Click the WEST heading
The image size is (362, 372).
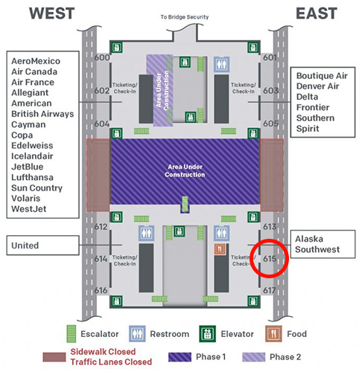pyautogui.click(x=52, y=13)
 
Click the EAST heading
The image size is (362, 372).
pyautogui.click(x=317, y=13)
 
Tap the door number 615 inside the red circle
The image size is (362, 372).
pyautogui.click(x=270, y=259)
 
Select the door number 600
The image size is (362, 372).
pyautogui.click(x=102, y=57)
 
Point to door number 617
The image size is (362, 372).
pyautogui.click(x=270, y=290)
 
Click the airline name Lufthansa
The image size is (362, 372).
pyautogui.click(x=32, y=177)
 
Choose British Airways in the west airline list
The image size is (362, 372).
pyautogui.click(x=42, y=114)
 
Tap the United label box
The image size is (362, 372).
pyautogui.click(x=43, y=246)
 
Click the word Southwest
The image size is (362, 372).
pyautogui.click(x=317, y=249)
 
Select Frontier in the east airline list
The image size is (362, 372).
pyautogui.click(x=313, y=107)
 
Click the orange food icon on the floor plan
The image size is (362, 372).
pyautogui.click(x=220, y=249)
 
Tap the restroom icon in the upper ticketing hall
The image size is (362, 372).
pyautogui.click(x=221, y=65)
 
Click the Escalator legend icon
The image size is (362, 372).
pyautogui.click(x=72, y=334)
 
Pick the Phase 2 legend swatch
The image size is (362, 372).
pyautogui.click(x=254, y=357)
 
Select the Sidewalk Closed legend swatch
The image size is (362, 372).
pyautogui.click(x=54, y=357)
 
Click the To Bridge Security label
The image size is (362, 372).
pyautogui.click(x=185, y=17)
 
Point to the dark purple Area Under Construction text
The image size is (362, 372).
pyautogui.click(x=185, y=170)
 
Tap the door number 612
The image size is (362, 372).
pyautogui.click(x=101, y=227)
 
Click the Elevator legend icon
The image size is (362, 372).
pyautogui.click(x=207, y=334)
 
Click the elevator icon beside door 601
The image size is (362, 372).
pyautogui.click(x=253, y=47)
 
